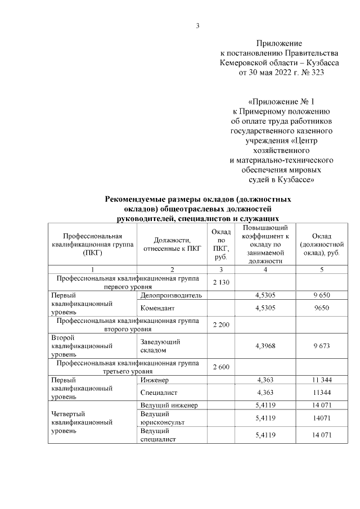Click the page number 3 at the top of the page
[x=197, y=25]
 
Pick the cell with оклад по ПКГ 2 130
[x=221, y=282]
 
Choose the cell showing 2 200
[x=221, y=326]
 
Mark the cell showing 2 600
[x=221, y=367]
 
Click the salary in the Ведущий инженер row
[x=321, y=404]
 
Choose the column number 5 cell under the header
[x=321, y=270]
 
